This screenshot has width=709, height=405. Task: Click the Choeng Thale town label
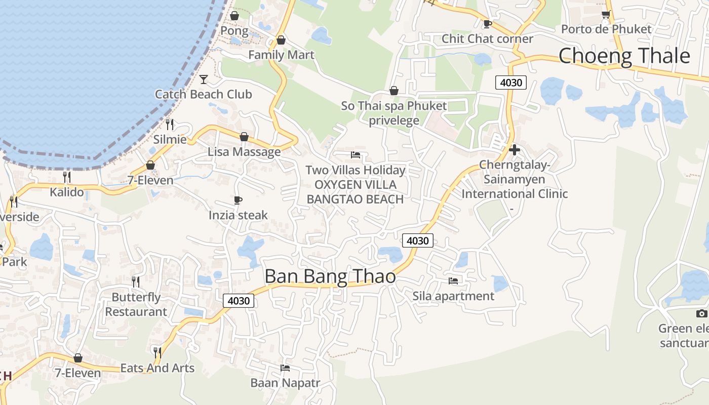tap(624, 56)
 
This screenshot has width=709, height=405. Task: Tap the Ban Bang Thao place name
tap(330, 276)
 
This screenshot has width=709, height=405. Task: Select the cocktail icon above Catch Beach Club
tap(204, 79)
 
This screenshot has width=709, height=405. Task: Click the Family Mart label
tap(281, 55)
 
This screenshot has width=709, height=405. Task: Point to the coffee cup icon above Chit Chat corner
tap(487, 24)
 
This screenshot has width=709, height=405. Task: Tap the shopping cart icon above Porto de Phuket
tap(606, 15)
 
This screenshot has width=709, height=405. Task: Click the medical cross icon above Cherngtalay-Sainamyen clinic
tap(515, 150)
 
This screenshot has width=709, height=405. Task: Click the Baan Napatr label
tap(285, 383)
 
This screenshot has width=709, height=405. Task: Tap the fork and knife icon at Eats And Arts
tap(157, 352)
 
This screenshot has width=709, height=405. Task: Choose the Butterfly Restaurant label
tap(136, 304)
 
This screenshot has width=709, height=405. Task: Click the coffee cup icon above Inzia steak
tap(238, 200)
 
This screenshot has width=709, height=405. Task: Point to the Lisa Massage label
tap(244, 151)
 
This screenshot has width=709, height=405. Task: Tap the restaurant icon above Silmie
tap(170, 124)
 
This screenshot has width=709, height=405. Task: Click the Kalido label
tap(67, 192)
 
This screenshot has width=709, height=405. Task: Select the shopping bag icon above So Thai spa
tap(394, 91)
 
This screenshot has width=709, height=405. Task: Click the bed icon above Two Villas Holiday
tap(356, 155)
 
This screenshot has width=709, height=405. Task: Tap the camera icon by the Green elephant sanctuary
tap(701, 313)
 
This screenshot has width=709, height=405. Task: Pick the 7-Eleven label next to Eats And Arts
tap(78, 373)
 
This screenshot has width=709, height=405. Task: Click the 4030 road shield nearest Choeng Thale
tap(510, 82)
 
